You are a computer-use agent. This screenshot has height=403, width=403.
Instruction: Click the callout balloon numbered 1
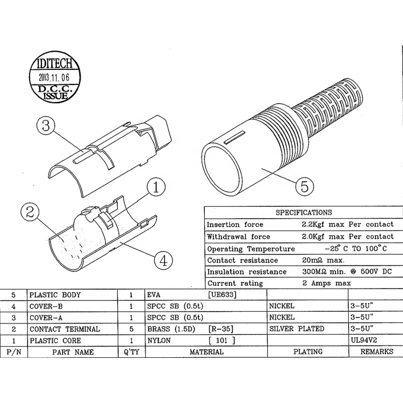click(156, 188)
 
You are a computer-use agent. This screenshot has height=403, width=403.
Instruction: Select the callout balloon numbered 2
click(30, 212)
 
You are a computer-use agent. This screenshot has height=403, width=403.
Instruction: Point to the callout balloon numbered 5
click(304, 186)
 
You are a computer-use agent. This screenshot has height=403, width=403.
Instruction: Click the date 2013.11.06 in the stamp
click(53, 76)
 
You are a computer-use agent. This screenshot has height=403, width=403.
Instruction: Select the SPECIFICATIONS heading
click(304, 212)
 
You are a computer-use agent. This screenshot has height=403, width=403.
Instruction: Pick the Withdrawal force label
click(239, 236)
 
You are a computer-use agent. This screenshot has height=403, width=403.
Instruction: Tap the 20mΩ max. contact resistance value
click(322, 260)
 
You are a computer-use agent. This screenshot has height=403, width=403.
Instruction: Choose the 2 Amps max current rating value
click(326, 283)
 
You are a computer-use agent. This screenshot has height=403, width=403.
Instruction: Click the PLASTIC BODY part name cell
click(55, 295)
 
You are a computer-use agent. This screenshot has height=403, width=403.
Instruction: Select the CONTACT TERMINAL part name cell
click(64, 329)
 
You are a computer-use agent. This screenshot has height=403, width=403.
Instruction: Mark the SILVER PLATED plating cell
click(297, 329)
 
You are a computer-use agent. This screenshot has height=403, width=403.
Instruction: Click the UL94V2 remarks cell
click(365, 341)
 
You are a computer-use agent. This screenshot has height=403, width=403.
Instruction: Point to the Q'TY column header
click(131, 352)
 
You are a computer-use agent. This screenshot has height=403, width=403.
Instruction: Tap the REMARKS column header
click(377, 352)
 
